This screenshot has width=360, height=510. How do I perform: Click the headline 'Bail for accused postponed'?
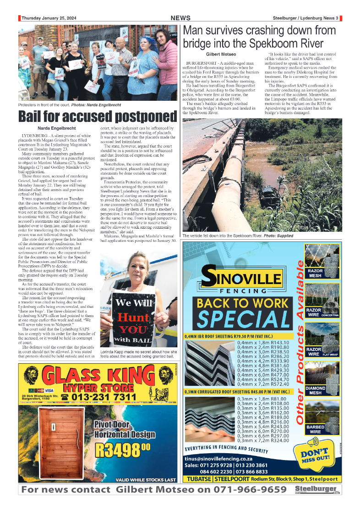[x=97, y=117]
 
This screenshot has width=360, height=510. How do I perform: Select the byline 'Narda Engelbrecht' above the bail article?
[x=56, y=128]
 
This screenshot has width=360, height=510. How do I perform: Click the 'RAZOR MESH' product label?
[x=315, y=274]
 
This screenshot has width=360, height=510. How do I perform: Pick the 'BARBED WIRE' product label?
[x=315, y=429]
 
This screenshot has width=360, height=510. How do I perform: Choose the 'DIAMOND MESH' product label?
[x=315, y=390]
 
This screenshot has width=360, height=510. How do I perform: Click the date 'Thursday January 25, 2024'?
[x=48, y=18]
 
